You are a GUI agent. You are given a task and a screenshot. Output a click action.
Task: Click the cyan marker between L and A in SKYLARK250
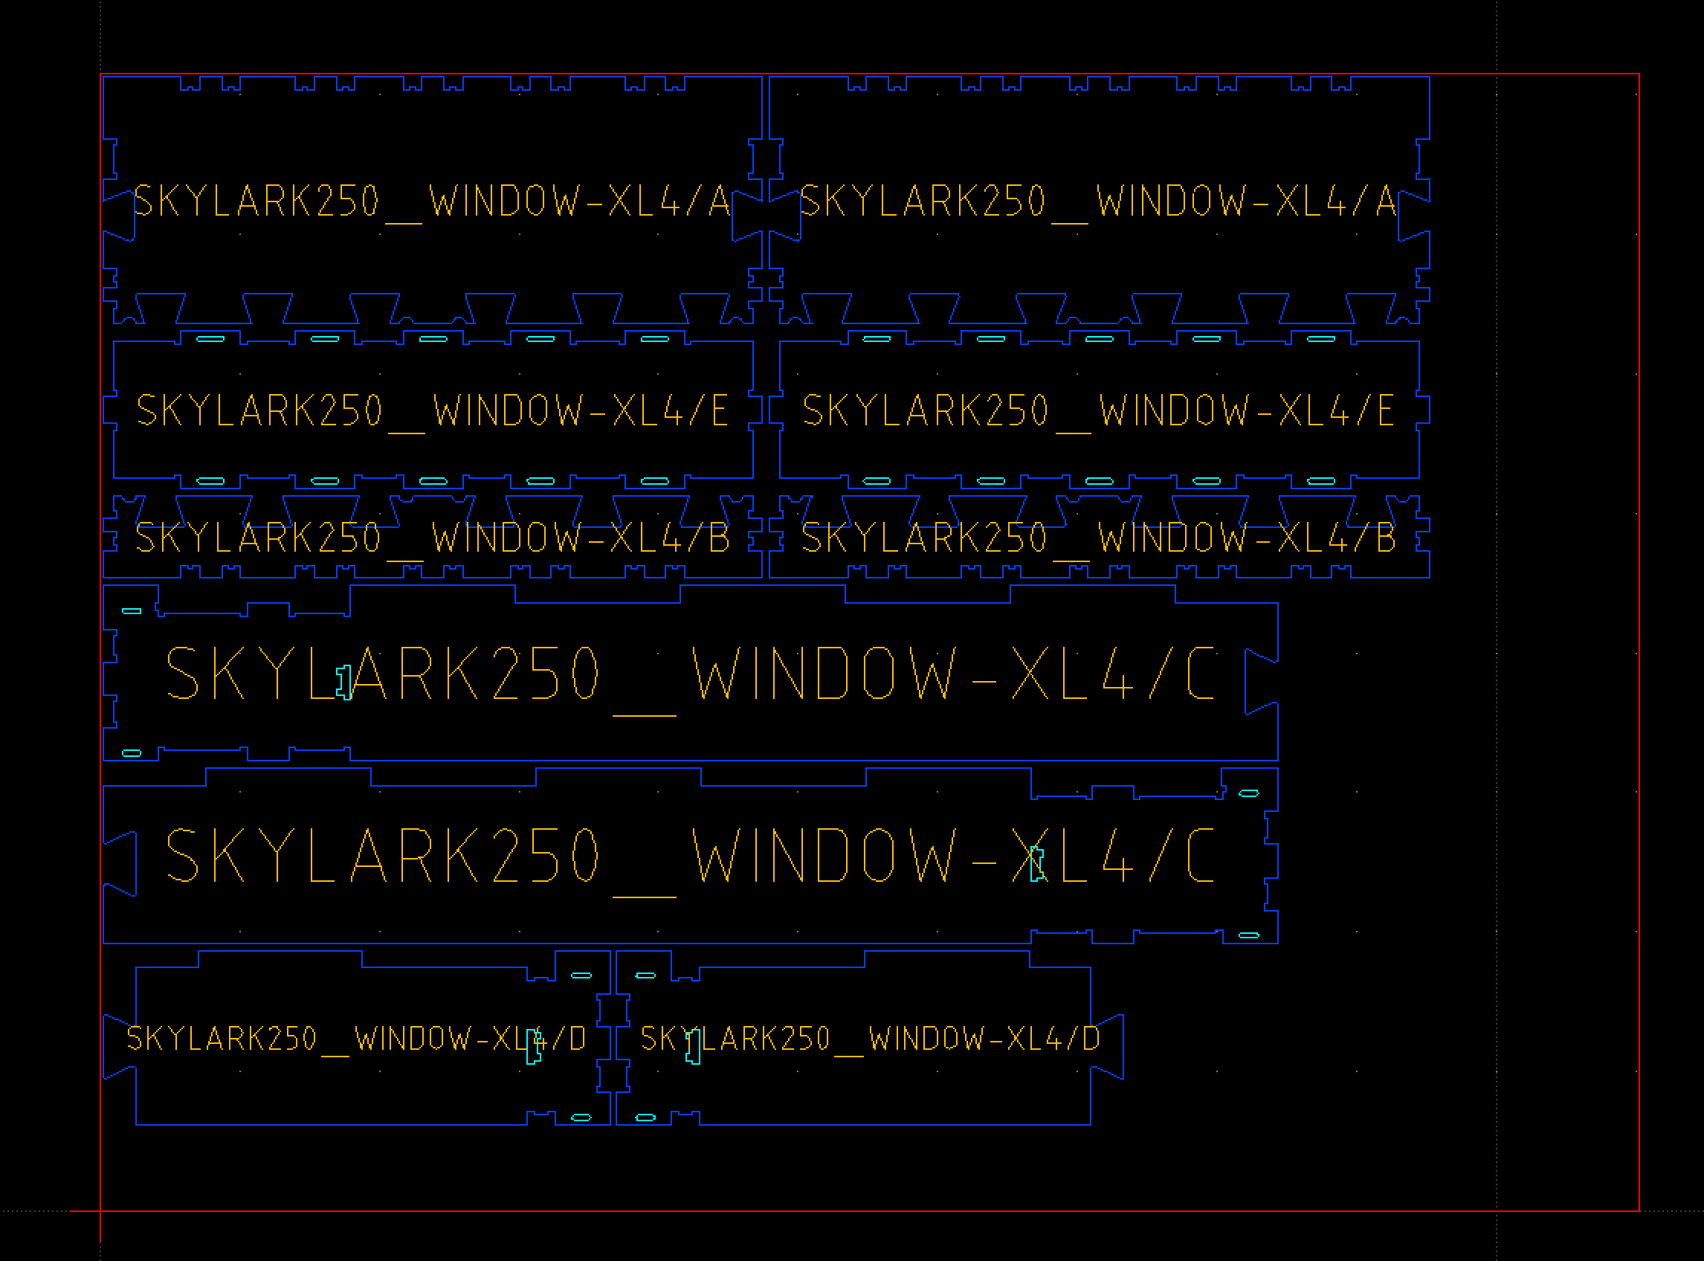click(x=344, y=682)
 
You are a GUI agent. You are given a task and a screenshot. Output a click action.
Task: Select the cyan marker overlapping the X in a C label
click(x=1036, y=863)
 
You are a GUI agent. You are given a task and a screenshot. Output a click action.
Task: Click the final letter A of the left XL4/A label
click(x=719, y=201)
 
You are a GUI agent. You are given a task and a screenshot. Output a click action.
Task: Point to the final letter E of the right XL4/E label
click(x=1386, y=410)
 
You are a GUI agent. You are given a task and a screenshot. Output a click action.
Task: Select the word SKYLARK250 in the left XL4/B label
click(x=257, y=538)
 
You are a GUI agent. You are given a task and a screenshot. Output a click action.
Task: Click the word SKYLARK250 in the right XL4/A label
click(x=923, y=201)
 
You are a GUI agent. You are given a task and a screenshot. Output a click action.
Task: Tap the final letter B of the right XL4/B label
click(x=1386, y=538)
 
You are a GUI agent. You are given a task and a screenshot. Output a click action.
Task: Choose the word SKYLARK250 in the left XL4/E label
click(x=259, y=410)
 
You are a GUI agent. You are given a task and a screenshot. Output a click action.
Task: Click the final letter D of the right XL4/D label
click(x=1091, y=1038)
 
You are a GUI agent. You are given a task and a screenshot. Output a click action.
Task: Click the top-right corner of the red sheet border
click(x=1639, y=75)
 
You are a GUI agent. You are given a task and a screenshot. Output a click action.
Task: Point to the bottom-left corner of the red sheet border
click(x=100, y=1210)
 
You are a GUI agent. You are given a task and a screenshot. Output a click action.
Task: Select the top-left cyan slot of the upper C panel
click(x=132, y=611)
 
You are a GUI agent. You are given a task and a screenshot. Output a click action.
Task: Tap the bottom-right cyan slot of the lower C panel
click(x=1248, y=935)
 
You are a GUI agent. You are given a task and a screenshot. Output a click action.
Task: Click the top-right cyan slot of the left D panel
click(x=581, y=975)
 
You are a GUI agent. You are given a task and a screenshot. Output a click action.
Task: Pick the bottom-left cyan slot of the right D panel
click(x=645, y=1118)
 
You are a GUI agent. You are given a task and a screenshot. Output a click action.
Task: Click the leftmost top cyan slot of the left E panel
click(x=210, y=339)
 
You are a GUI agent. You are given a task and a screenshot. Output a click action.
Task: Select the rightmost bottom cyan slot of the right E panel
click(x=1321, y=481)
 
